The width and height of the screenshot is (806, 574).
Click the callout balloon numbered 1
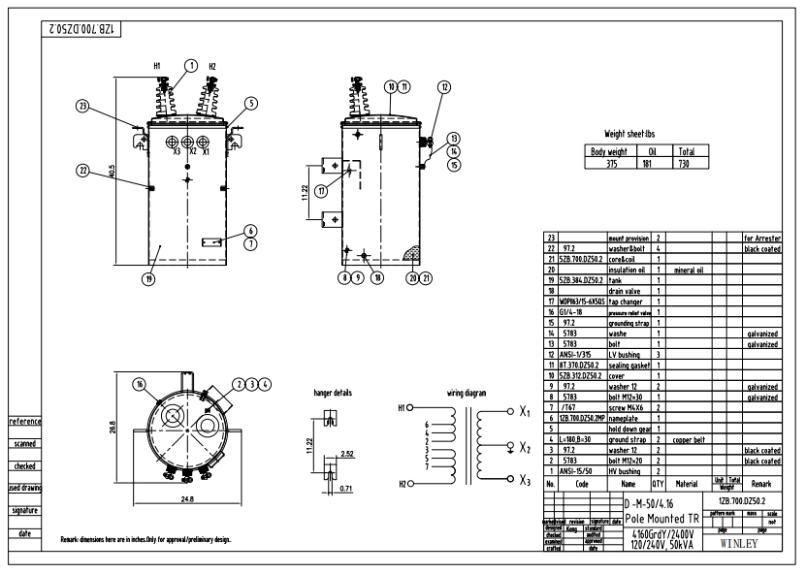[192, 64]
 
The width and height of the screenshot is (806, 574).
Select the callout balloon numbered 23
[83, 106]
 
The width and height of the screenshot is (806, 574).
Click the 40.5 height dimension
[113, 170]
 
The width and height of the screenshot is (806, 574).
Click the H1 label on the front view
[155, 66]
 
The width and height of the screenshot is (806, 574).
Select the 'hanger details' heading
[333, 394]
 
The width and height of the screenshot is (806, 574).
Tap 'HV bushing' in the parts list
[623, 470]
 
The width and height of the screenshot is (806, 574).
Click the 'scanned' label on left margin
[25, 444]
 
